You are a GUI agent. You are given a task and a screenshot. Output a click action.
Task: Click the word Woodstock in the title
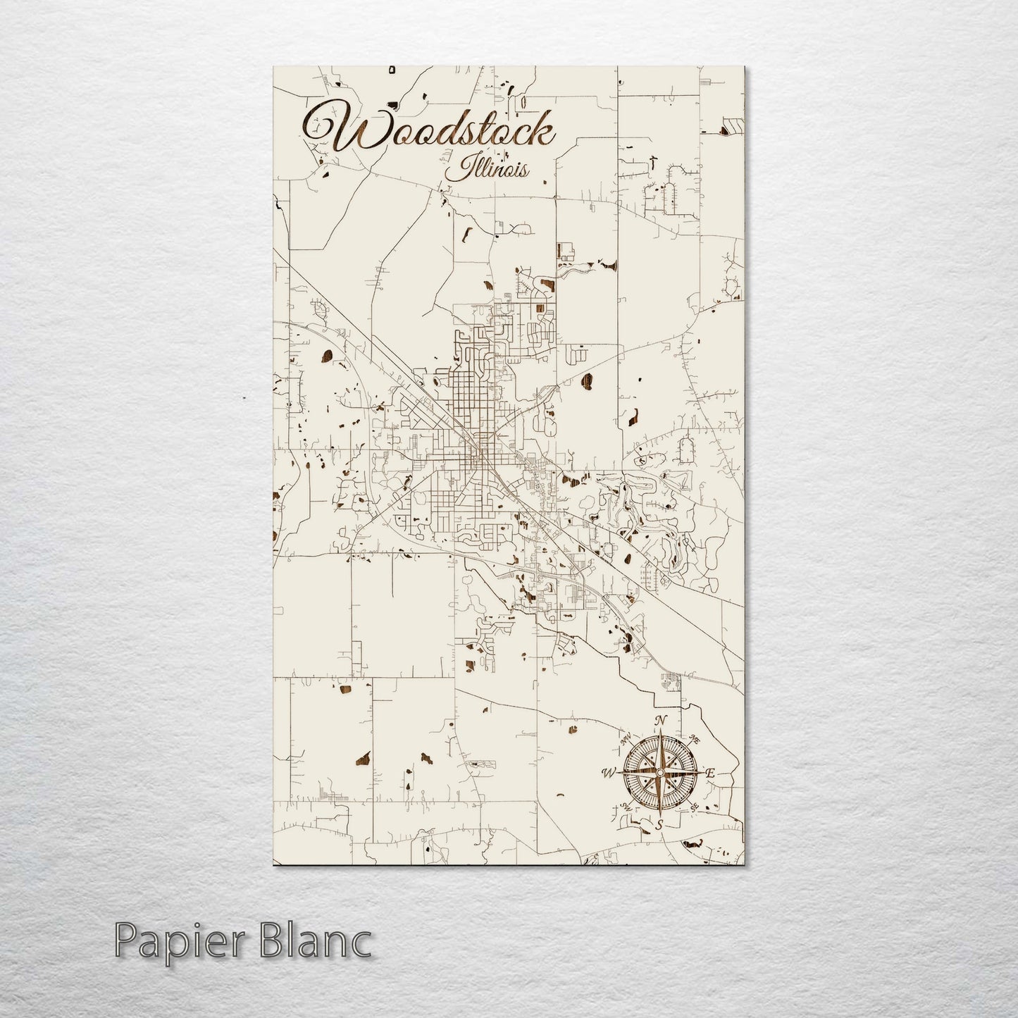tap(430, 132)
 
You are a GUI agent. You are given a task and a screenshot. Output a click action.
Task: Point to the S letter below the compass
tap(659, 824)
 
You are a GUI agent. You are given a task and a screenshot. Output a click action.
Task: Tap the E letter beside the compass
tap(710, 774)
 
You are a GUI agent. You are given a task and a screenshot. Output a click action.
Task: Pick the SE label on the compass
tap(694, 807)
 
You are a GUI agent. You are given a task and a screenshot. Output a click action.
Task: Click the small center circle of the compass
tap(659, 773)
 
